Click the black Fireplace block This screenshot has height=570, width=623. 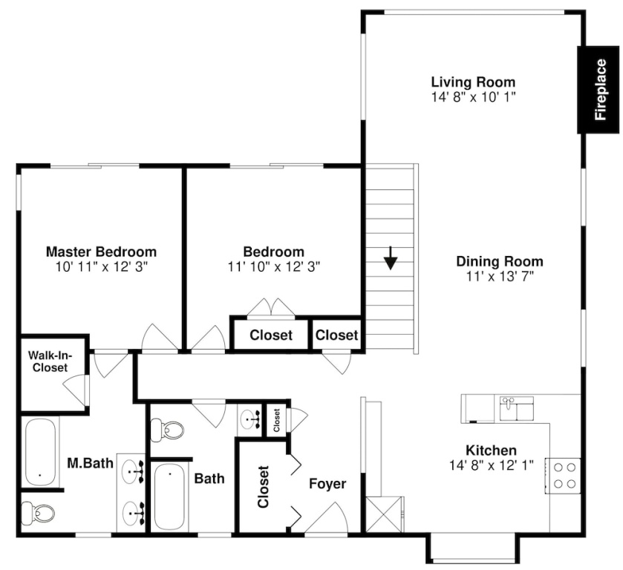pos(598,90)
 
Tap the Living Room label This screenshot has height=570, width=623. pos(473,82)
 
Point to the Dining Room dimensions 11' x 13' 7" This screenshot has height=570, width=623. pos(500,276)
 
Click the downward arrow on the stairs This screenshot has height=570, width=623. pos(391,258)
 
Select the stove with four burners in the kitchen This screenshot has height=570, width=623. pos(563,476)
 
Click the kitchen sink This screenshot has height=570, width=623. pos(517,408)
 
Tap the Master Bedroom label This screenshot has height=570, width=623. pos(101,252)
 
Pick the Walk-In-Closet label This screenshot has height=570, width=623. pos(50,361)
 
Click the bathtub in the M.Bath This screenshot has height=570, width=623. pos(40,452)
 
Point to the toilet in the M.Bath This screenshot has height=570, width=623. pos(38,513)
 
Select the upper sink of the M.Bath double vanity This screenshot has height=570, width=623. pos(132,471)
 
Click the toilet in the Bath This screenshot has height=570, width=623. pos(167,430)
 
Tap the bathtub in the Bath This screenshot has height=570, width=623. pos(169,497)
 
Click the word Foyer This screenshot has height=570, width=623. pos(327,484)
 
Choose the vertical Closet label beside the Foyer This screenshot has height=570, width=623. pos(263,487)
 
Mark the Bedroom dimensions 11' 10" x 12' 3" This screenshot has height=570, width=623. pos(274,266)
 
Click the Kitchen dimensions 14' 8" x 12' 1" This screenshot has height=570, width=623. pos(491,465)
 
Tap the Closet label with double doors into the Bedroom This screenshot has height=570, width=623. pos(271,335)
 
